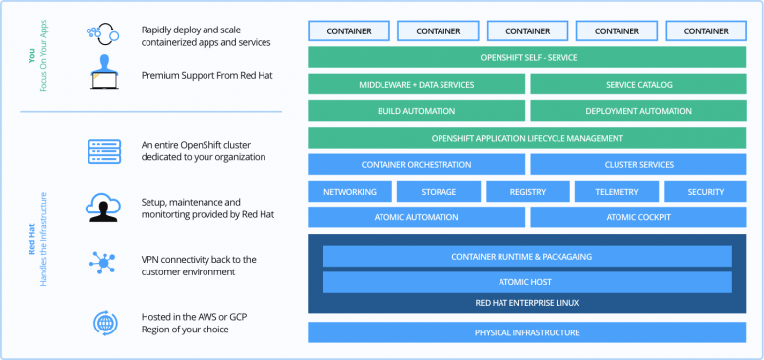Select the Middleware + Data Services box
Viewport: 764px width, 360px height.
(x=416, y=85)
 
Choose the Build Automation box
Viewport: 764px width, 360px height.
(x=416, y=111)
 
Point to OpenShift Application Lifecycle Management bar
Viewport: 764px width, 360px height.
(x=527, y=138)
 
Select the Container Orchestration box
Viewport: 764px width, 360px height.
(x=416, y=164)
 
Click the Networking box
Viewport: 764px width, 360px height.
(x=350, y=192)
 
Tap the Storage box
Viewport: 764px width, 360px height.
(x=439, y=192)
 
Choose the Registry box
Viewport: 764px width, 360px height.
(x=528, y=192)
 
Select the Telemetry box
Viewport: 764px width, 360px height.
(x=617, y=192)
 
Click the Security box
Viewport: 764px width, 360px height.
(x=705, y=192)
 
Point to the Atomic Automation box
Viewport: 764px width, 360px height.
(x=416, y=217)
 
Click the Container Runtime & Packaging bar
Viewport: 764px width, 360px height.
(x=527, y=257)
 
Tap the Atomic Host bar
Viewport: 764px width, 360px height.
(x=527, y=283)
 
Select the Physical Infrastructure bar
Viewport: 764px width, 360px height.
(x=527, y=332)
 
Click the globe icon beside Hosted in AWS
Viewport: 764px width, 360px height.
(x=103, y=322)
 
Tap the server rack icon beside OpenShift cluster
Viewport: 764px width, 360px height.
(x=103, y=150)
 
